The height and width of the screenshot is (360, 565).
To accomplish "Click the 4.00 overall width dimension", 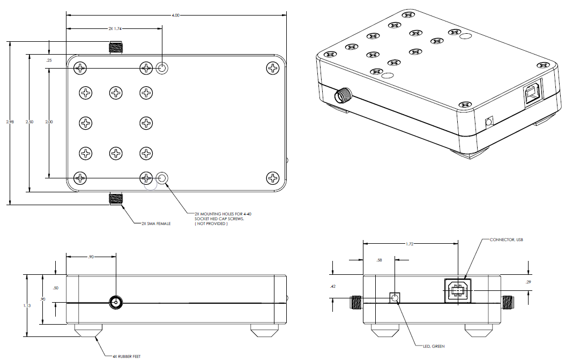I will [x=176, y=16].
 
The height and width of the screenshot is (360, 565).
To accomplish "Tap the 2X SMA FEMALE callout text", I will [x=156, y=223].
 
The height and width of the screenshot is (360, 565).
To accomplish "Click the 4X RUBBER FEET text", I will [x=127, y=356].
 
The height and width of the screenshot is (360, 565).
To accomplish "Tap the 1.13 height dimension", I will [x=27, y=305].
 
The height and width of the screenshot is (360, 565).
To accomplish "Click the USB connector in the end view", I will [x=457, y=291].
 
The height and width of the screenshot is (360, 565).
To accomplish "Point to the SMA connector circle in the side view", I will [x=115, y=303].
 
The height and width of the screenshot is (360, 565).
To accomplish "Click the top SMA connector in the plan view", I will [x=116, y=48].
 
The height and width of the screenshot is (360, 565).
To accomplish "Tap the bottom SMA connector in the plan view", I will [x=116, y=198].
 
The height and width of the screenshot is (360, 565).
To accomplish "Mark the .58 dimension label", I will [x=380, y=260].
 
